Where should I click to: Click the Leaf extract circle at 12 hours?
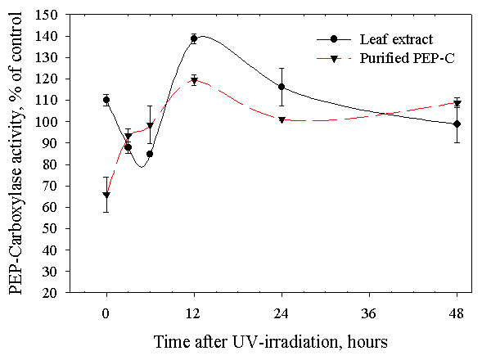tap(194, 38)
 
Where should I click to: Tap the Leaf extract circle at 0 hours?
tap(106, 100)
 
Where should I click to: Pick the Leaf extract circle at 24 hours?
tap(282, 87)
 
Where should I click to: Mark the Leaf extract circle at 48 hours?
tap(457, 124)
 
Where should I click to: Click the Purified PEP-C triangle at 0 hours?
tap(106, 195)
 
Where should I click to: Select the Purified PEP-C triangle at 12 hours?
tap(194, 80)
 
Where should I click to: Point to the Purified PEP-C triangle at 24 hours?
tap(282, 119)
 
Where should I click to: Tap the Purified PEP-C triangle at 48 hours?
tap(457, 103)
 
